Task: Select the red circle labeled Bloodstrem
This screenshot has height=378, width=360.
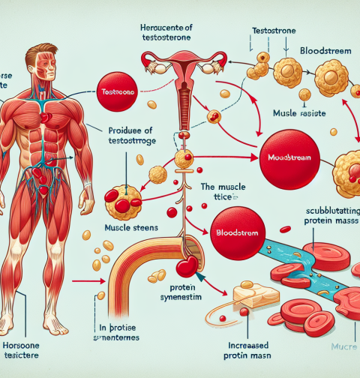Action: (x=239, y=233)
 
